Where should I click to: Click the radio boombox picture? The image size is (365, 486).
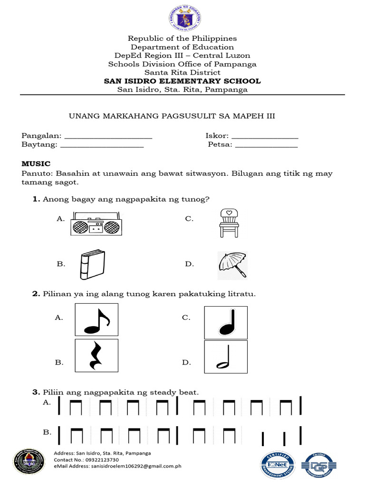pyautogui.click(x=96, y=223)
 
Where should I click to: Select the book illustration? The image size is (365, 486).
pyautogui.click(x=92, y=264)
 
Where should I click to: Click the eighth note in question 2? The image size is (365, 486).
pyautogui.click(x=96, y=319)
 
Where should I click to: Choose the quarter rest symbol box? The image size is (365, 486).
pyautogui.click(x=96, y=355)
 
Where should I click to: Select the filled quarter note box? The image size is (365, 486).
pyautogui.click(x=225, y=322)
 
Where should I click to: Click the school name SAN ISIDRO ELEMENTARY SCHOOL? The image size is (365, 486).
pyautogui.click(x=182, y=81)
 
